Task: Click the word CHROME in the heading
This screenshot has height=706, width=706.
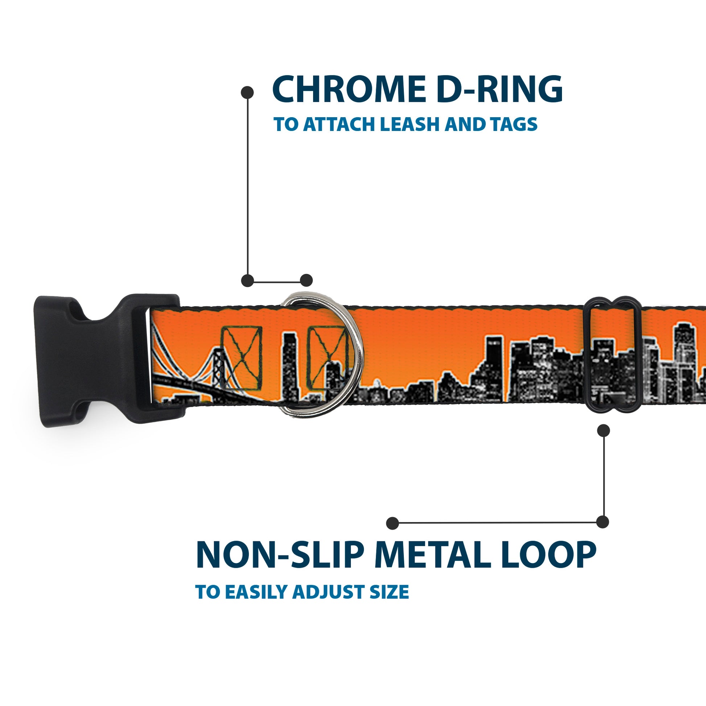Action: pos(348,89)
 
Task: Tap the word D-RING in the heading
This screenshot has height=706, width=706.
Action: pos(499,89)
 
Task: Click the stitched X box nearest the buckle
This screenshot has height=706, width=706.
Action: pos(242,357)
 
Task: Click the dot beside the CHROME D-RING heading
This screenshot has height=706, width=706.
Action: pos(247,93)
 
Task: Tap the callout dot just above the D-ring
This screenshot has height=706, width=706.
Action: pos(306,280)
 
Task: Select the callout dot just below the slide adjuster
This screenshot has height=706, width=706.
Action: pos(603,431)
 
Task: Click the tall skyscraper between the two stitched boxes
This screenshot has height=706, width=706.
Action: pos(290,365)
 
